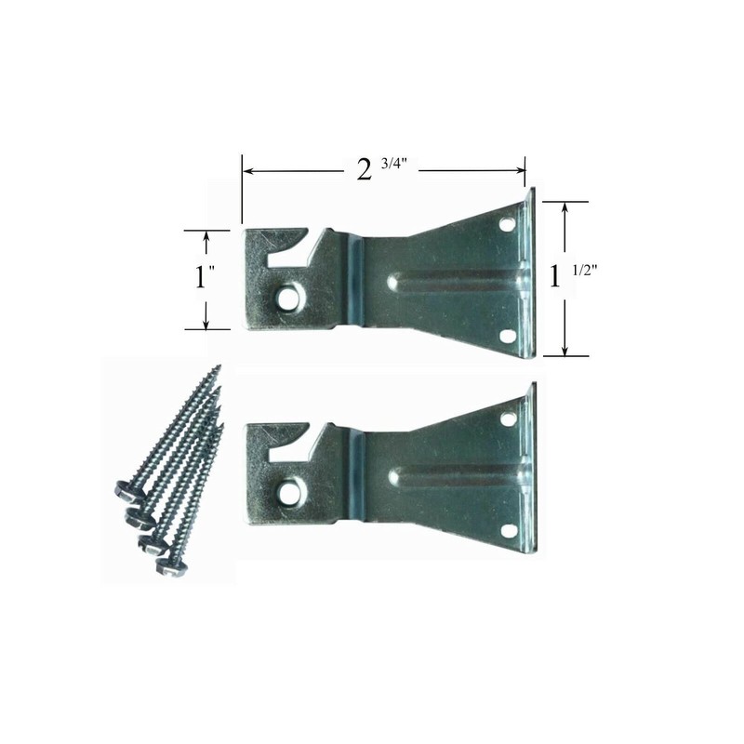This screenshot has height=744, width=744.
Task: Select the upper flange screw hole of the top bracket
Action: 508,224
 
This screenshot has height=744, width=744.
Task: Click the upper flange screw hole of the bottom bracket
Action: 508,418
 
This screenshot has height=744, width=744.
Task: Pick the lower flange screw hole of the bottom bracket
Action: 508,530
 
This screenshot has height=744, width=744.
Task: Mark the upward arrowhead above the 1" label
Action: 206,236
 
